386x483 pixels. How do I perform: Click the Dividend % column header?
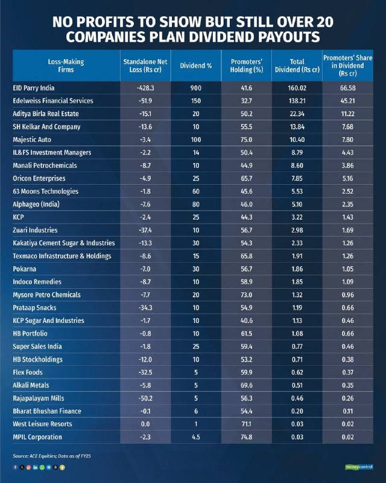pyautogui.click(x=196, y=66)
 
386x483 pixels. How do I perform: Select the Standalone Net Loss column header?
pyautogui.click(x=145, y=66)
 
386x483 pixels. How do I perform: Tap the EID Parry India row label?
pyautogui.click(x=34, y=88)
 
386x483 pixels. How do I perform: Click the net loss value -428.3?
pyautogui.click(x=145, y=88)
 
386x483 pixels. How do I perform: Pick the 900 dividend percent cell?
pyautogui.click(x=196, y=88)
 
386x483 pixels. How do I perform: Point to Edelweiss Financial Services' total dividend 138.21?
pyautogui.click(x=297, y=101)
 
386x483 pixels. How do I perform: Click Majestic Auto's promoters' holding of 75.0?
pyautogui.click(x=246, y=140)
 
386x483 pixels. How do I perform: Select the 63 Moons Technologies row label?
pyautogui.click(x=46, y=191)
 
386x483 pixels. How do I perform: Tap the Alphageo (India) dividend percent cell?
pyautogui.click(x=196, y=204)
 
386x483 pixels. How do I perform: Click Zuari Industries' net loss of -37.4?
pyautogui.click(x=145, y=230)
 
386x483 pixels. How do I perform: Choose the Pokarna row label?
pyautogui.click(x=24, y=269)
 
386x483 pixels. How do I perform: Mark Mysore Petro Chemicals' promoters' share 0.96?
pyautogui.click(x=347, y=295)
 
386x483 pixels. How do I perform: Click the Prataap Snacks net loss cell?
pyautogui.click(x=145, y=308)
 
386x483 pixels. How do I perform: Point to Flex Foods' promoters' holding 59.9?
pyautogui.click(x=246, y=373)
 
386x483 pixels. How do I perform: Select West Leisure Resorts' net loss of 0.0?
pyautogui.click(x=145, y=424)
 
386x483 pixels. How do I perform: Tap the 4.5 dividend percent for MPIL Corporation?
pyautogui.click(x=196, y=437)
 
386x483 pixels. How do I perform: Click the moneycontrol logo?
pyautogui.click(x=359, y=467)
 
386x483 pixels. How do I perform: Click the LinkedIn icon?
pyautogui.click(x=36, y=467)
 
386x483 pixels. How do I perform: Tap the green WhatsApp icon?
pyautogui.click(x=42, y=467)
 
